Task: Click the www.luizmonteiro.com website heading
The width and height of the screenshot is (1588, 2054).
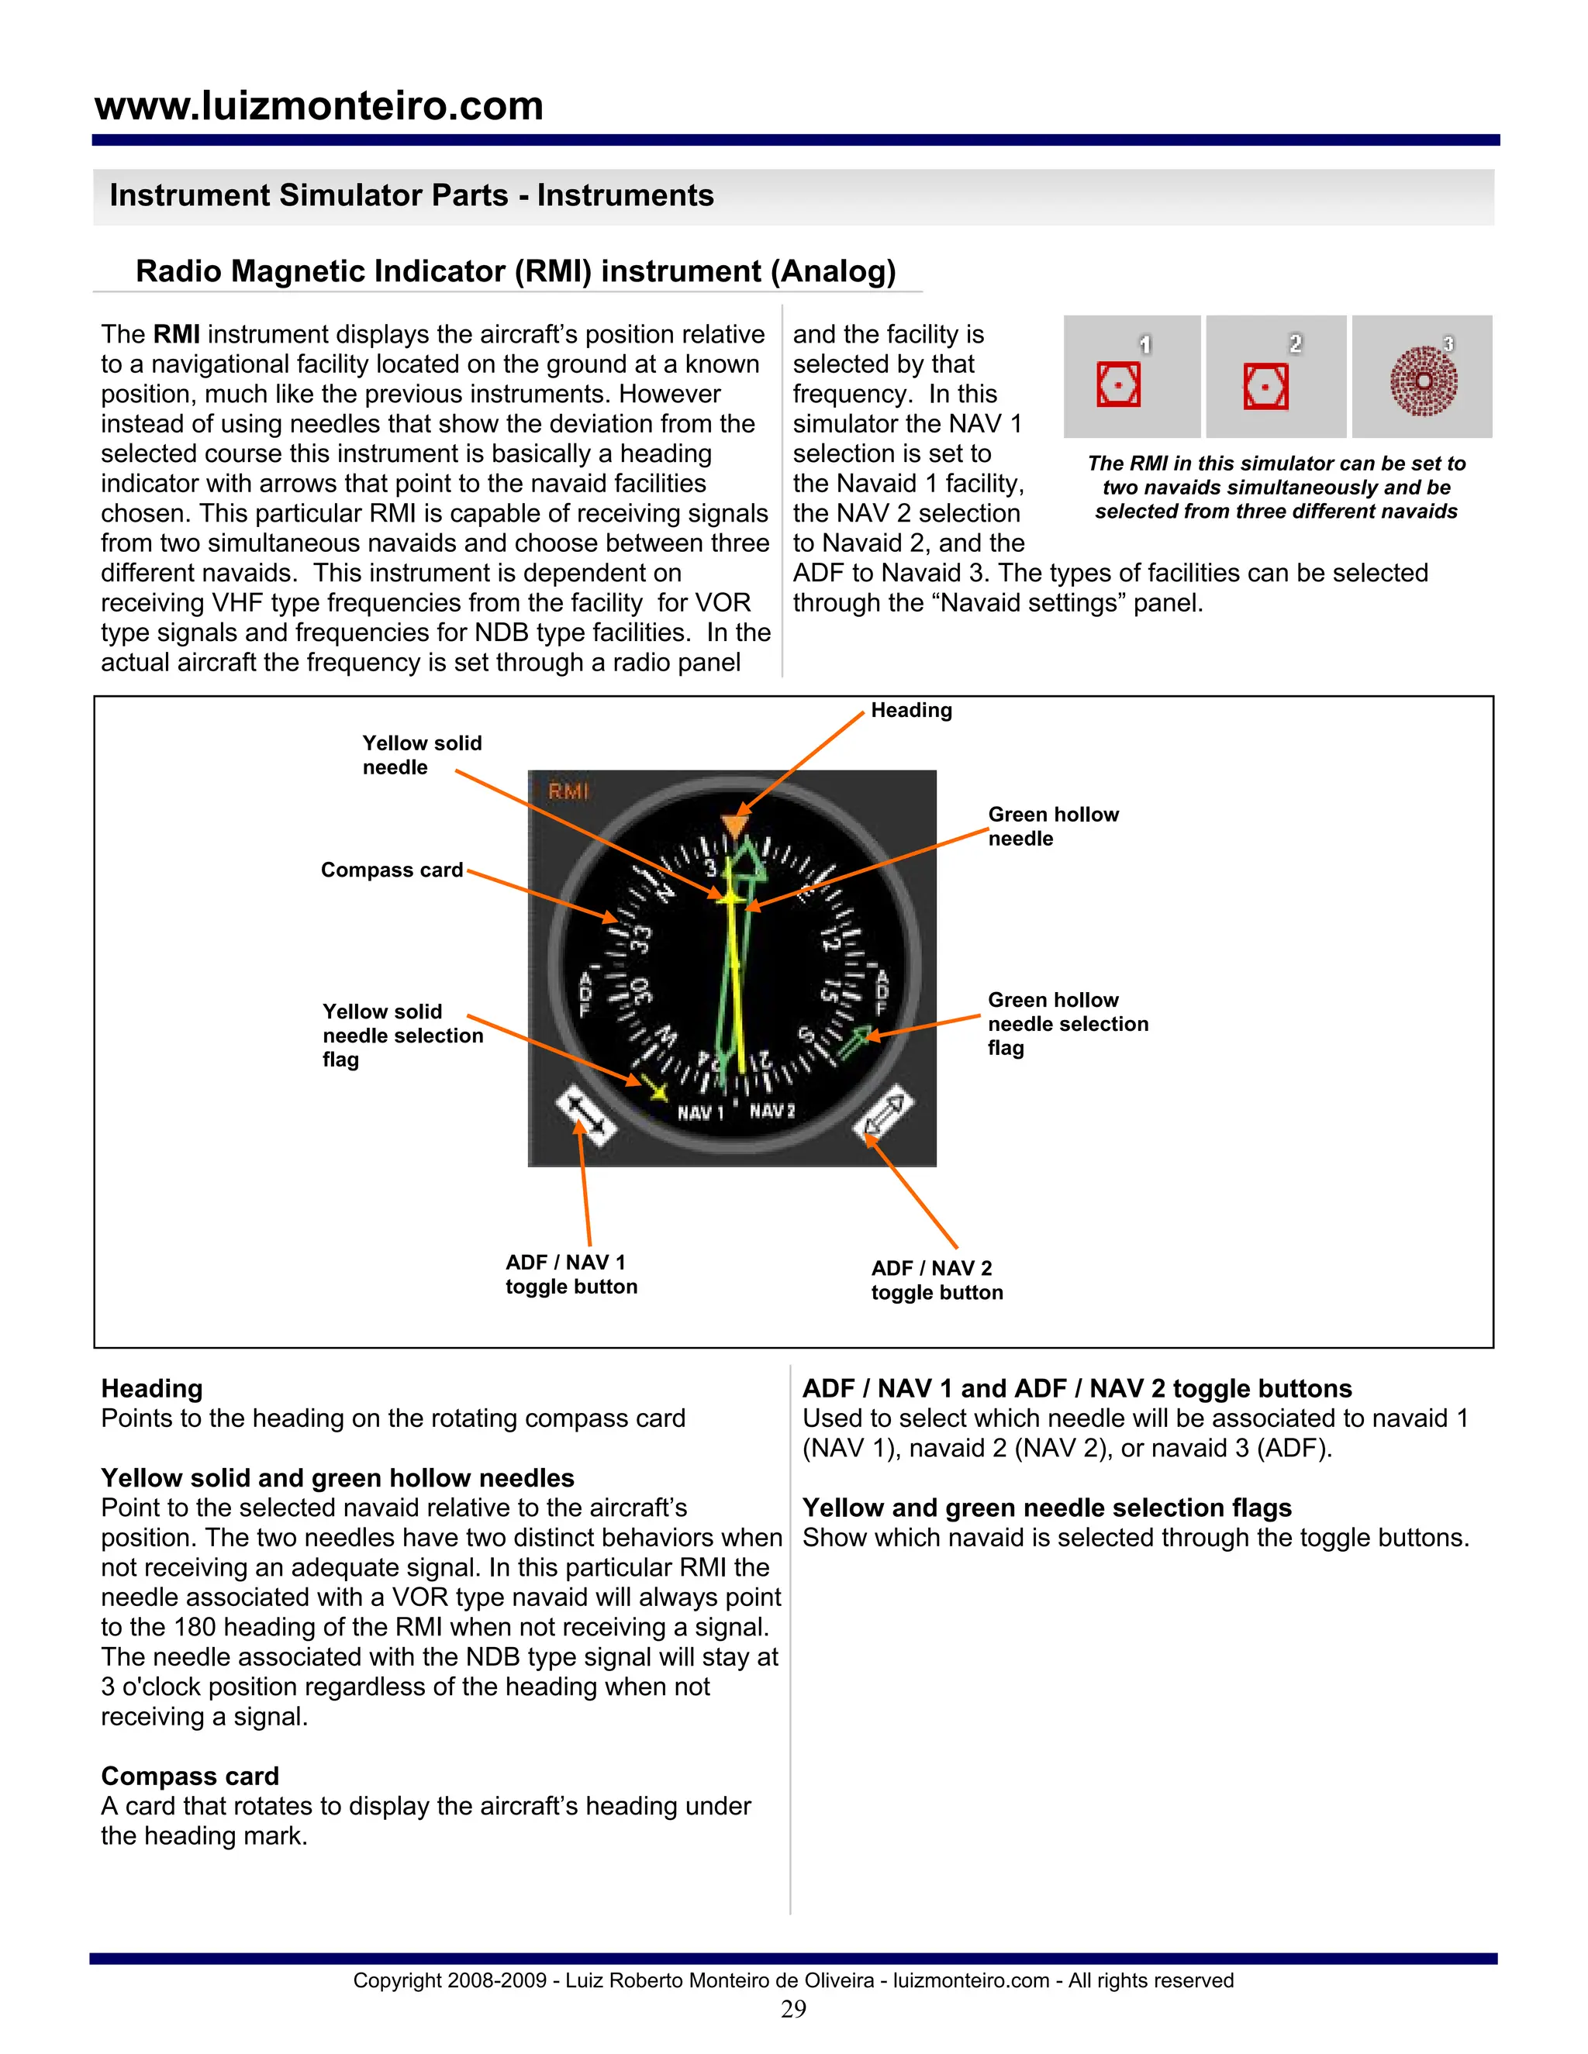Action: click(x=319, y=105)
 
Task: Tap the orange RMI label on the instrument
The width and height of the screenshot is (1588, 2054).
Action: click(x=568, y=792)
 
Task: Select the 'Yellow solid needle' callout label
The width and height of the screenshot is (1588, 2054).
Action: click(x=422, y=755)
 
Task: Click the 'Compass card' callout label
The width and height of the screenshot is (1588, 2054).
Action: click(x=392, y=870)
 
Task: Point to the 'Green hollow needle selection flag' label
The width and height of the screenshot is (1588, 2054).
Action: click(x=1067, y=1024)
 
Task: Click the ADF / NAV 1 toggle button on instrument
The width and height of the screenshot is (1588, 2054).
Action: click(x=585, y=1115)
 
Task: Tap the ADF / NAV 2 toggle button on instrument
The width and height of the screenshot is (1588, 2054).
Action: click(x=883, y=1117)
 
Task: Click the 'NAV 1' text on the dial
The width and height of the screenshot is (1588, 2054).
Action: click(x=700, y=1112)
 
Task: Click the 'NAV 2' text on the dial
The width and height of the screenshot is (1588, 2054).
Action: click(x=772, y=1111)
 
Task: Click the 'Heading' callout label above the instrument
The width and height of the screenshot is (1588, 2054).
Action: click(x=910, y=710)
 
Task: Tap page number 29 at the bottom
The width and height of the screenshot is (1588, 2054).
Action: click(x=793, y=2009)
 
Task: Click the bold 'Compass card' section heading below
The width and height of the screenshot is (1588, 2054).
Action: click(x=190, y=1776)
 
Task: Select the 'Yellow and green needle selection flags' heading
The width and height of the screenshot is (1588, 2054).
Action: click(x=1046, y=1508)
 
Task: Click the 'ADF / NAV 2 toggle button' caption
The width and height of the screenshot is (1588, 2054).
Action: click(x=936, y=1280)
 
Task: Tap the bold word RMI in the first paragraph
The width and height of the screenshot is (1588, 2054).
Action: click(x=176, y=335)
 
